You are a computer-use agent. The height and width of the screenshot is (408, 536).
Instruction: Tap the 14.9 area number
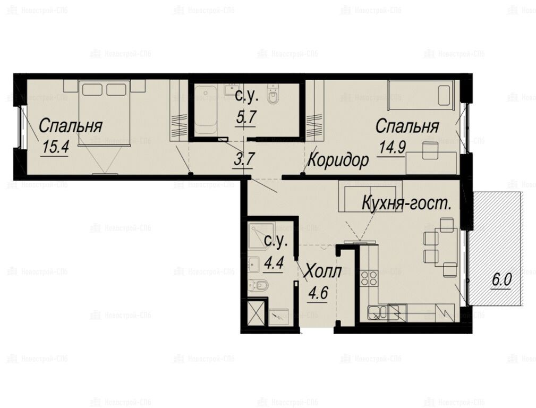(392, 148)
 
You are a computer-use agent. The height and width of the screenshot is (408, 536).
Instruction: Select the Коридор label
(338, 160)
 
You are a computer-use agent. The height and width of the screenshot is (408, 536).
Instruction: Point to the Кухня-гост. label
(406, 203)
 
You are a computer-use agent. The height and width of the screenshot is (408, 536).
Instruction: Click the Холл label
(322, 272)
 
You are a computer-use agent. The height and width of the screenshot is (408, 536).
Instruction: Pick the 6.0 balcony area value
(501, 280)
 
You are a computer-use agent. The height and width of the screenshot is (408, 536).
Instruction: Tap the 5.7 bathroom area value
(246, 117)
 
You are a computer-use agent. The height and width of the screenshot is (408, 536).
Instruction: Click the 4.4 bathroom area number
(274, 263)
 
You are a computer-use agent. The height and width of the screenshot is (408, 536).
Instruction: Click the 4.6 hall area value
(318, 293)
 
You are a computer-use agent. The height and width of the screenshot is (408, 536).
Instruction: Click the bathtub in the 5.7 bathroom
(205, 110)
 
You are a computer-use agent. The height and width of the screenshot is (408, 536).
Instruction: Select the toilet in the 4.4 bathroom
(258, 285)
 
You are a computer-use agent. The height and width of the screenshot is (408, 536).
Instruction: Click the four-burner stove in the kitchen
(369, 278)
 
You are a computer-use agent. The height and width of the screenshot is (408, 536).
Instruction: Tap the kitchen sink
(377, 312)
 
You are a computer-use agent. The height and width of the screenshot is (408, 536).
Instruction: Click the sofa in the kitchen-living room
(370, 195)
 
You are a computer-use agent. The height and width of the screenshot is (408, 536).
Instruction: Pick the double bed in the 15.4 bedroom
(104, 113)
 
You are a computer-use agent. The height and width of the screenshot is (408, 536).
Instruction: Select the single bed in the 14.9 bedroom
(421, 96)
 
